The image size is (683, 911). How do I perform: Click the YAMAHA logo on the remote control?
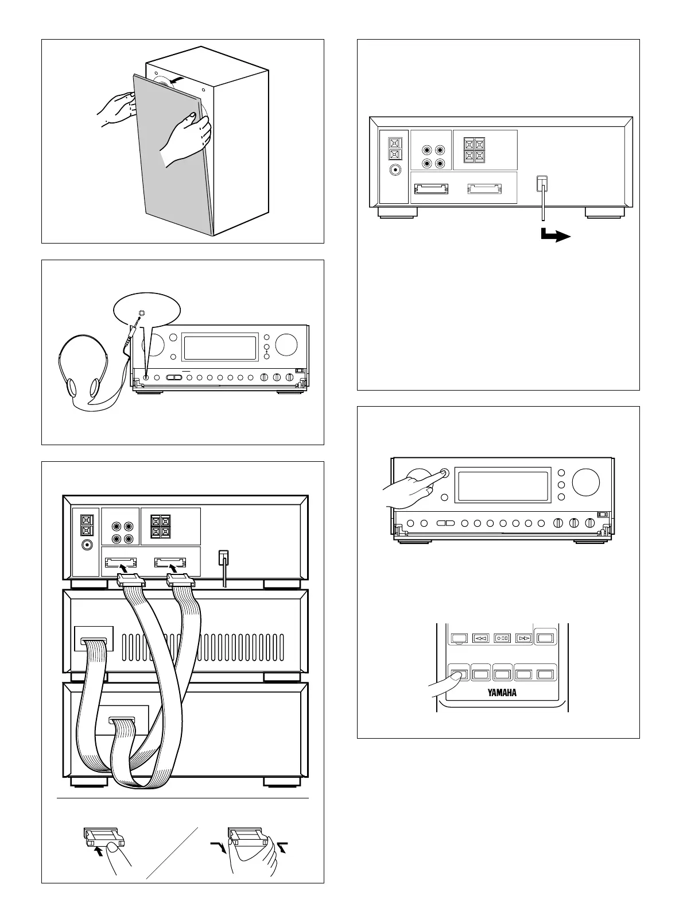pyautogui.click(x=502, y=692)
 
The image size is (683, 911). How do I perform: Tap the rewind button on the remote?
pyautogui.click(x=480, y=638)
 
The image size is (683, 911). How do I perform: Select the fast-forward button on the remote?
pyautogui.click(x=523, y=638)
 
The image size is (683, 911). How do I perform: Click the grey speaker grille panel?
pyautogui.click(x=172, y=172)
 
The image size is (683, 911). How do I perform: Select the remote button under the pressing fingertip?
pyautogui.click(x=459, y=673)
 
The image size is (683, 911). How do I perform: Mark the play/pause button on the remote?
pyautogui.click(x=502, y=638)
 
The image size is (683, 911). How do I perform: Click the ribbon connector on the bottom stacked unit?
pyautogui.click(x=121, y=720)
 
